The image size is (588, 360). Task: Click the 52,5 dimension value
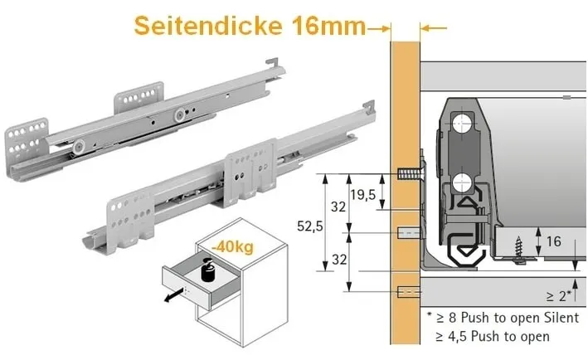click(307, 224)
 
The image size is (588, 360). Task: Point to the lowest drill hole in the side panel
click(406, 293)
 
